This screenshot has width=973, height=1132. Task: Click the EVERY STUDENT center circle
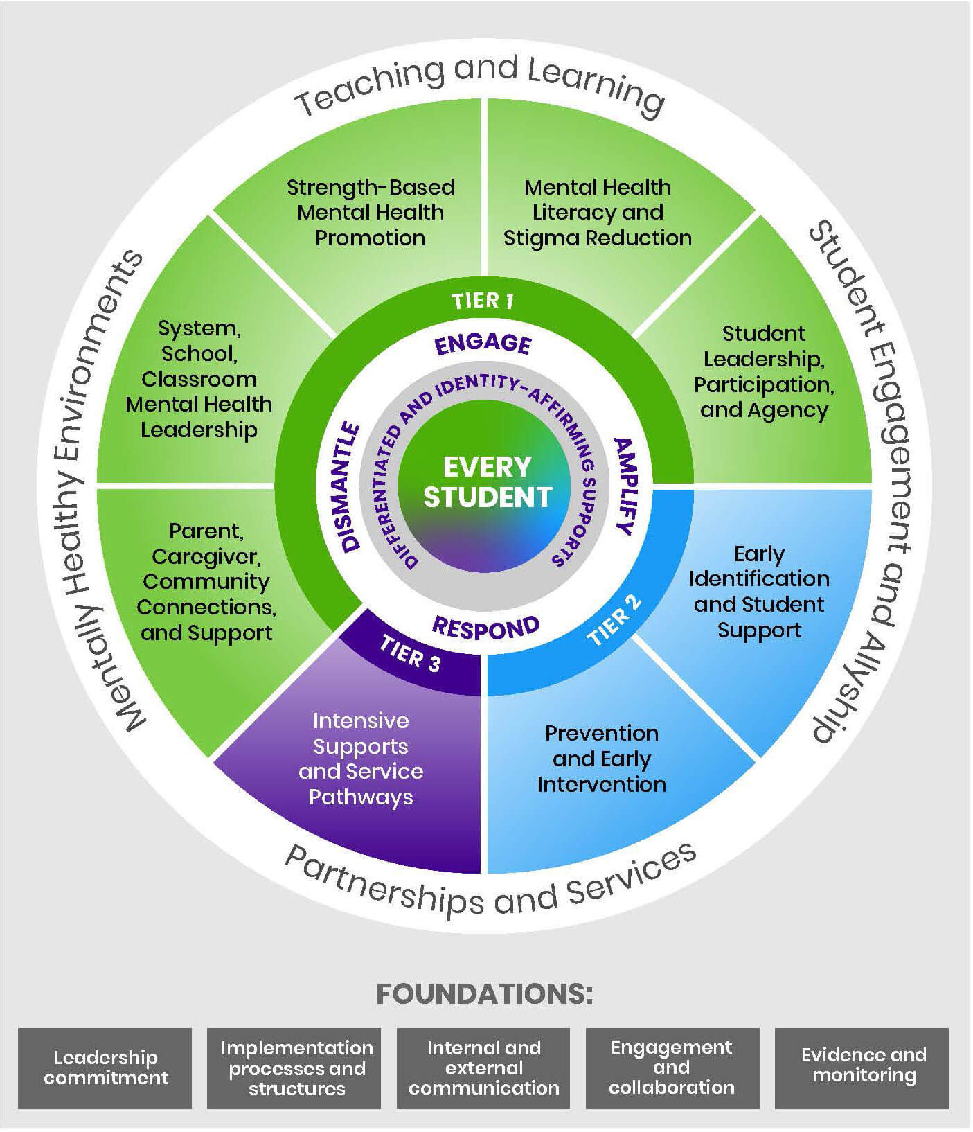pos(487,482)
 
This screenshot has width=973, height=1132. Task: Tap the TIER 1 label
pos(483,301)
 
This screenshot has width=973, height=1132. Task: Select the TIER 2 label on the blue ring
pos(615,620)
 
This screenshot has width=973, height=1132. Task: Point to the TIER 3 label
pos(410,654)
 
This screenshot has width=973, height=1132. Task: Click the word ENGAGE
pos(483,344)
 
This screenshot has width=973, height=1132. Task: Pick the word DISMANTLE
pos(351,486)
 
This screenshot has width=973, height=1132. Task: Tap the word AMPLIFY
pos(624,486)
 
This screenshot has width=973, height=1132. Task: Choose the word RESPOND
pos(485,628)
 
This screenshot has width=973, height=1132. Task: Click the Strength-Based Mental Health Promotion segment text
pos(371,213)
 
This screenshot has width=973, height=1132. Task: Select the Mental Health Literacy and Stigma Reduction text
pos(597,213)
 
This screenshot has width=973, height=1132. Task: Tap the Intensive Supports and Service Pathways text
pos(361,759)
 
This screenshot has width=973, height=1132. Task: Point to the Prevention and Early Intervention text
pos(601,759)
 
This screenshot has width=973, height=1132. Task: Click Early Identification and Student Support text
pos(759,592)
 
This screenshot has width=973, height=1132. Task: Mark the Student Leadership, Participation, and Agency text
pos(764,372)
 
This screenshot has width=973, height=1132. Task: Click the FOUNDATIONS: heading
pos(485,994)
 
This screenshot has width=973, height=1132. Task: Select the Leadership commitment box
pos(105,1068)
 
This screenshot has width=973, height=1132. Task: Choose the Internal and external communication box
pos(483,1068)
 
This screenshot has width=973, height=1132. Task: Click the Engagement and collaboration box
pos(672,1068)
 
